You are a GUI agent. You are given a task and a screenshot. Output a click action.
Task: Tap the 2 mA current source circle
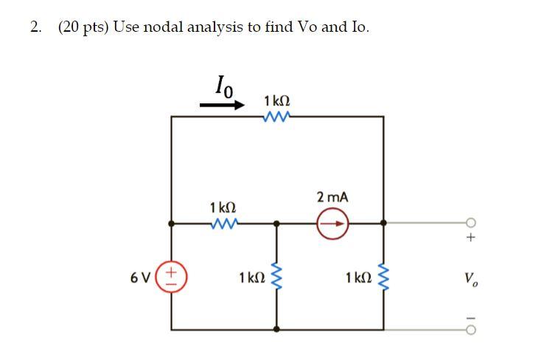[x=333, y=221]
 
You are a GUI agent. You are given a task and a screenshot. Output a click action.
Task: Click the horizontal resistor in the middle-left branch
[x=223, y=221]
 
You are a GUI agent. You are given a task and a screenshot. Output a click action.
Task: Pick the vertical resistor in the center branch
[x=276, y=277]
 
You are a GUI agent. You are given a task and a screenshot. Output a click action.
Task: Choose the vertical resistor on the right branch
[x=383, y=277]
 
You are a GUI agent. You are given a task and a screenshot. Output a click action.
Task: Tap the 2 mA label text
[x=332, y=198]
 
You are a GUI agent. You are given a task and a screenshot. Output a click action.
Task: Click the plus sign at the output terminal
[x=471, y=238]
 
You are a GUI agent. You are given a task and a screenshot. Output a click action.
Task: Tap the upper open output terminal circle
[x=471, y=222]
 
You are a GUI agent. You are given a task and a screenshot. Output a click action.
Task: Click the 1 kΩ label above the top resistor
[x=276, y=100]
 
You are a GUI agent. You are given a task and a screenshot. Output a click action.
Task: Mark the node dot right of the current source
[x=383, y=221]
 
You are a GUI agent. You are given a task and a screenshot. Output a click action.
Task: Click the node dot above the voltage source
[x=172, y=221]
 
